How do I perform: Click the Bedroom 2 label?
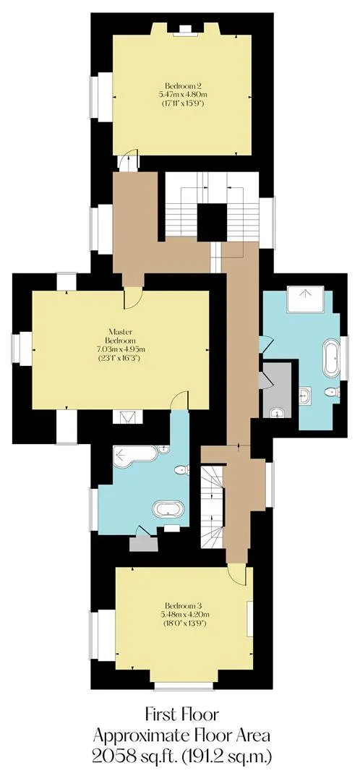pyautogui.click(x=182, y=85)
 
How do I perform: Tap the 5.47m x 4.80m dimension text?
pyautogui.click(x=182, y=94)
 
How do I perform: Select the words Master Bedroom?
pyautogui.click(x=121, y=336)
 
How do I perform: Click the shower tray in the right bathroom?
pyautogui.click(x=305, y=299)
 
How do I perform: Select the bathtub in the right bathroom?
pyautogui.click(x=331, y=359)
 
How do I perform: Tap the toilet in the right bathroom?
pyautogui.click(x=331, y=393)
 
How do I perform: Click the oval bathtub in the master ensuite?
pyautogui.click(x=168, y=509)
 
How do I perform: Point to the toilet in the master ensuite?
pyautogui.click(x=183, y=469)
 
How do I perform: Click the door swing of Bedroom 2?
pyautogui.click(x=128, y=163)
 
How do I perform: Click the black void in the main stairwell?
pyautogui.click(x=213, y=222)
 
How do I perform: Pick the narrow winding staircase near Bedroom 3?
pyautogui.click(x=212, y=506)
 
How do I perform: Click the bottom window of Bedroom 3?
pyautogui.click(x=184, y=686)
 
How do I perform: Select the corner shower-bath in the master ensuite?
pyautogui.click(x=134, y=455)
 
